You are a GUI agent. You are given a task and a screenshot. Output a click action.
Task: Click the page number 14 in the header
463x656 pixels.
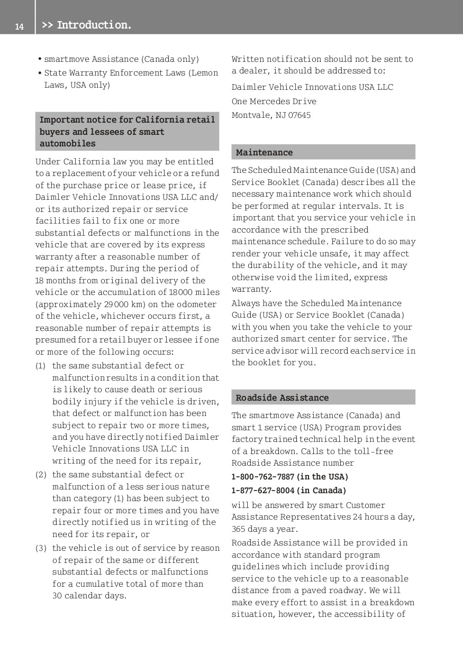20,26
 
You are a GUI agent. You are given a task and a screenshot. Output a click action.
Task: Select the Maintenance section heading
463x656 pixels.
264,152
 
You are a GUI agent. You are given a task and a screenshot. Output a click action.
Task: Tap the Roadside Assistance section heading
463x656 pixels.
282,398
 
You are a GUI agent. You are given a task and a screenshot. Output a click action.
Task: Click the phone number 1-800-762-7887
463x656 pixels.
262,476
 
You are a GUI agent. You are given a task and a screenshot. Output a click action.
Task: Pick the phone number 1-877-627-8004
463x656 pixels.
262,491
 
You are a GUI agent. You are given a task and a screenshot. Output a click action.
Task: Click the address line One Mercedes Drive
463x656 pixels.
274,101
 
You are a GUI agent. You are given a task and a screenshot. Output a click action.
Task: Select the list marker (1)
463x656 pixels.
41,366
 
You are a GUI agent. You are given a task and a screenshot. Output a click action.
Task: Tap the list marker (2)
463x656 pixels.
41,475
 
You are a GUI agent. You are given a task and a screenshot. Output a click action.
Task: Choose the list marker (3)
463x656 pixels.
41,548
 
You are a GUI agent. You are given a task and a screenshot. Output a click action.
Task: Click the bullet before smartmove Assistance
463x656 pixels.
40,59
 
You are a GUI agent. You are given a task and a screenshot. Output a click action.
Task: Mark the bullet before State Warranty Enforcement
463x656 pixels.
40,73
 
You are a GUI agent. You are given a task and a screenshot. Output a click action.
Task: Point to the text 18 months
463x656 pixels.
57,280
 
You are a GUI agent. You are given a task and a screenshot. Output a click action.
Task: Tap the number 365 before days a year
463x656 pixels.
238,529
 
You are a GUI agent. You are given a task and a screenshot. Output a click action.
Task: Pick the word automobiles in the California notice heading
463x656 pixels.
68,144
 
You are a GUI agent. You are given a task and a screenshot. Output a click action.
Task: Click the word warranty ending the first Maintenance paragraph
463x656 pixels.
251,289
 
